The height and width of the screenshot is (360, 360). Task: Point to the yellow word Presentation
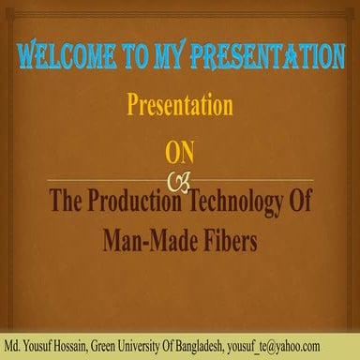click(180, 106)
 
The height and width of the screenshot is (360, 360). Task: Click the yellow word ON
click(179, 152)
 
